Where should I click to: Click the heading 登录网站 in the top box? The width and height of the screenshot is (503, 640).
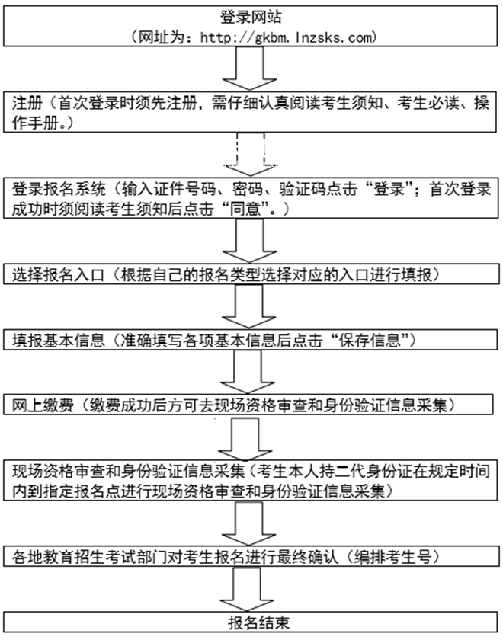[x=252, y=17]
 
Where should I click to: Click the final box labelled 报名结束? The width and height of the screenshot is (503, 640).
[x=251, y=621]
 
